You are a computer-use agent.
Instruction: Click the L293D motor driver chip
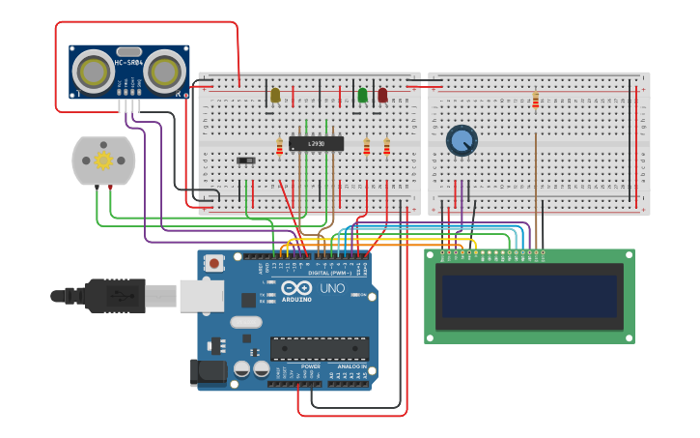(310, 143)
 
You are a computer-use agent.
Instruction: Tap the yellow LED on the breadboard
(275, 95)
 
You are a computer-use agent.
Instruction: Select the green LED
(362, 95)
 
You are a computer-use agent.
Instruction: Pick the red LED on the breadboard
(382, 95)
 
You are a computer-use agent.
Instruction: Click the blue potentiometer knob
(462, 140)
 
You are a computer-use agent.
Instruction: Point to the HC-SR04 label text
(128, 63)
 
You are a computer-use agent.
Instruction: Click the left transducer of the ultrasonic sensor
(93, 71)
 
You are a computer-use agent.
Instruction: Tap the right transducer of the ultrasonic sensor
(165, 71)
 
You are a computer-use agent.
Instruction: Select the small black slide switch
(246, 160)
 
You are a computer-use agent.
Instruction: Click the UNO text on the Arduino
(332, 288)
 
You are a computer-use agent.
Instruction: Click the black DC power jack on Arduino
(208, 371)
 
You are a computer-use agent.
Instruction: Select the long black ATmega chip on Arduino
(319, 348)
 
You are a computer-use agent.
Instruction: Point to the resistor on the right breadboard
(536, 101)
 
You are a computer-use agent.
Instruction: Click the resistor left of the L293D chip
(280, 147)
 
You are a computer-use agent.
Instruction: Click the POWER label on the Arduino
(311, 366)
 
